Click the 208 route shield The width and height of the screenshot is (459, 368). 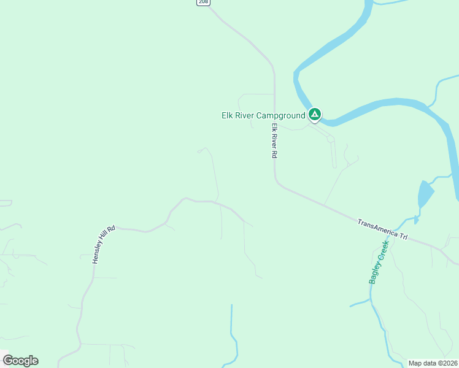204,2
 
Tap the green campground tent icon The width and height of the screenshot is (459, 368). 314,114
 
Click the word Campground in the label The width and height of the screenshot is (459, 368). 280,115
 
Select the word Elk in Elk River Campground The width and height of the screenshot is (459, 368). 228,115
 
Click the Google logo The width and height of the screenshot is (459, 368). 20,361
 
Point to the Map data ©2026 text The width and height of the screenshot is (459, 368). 433,363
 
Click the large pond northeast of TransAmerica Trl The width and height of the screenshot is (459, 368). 425,194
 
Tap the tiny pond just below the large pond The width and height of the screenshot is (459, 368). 417,218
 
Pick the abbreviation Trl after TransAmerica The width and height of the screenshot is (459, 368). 403,236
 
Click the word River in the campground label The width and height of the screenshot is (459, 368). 245,115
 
